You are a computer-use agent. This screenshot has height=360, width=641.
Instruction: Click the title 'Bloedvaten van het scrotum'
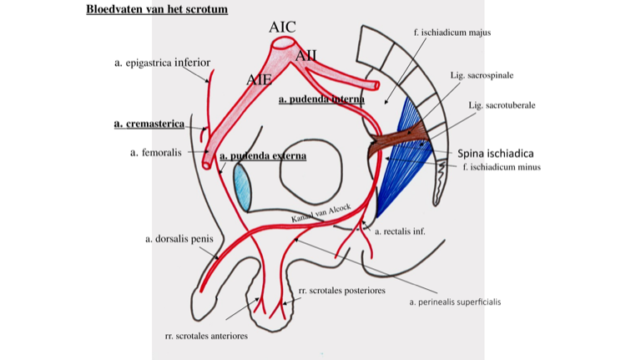coord(157,9)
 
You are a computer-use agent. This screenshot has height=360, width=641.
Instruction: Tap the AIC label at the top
coord(282,28)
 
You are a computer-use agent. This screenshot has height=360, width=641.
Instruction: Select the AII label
coord(305,56)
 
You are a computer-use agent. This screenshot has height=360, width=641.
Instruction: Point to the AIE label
coord(259,79)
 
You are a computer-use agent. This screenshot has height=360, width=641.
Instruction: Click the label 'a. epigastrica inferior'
coord(162,63)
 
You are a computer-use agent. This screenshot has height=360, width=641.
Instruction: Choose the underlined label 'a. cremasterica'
coord(149,124)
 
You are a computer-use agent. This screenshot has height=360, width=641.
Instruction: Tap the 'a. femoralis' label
coord(155,153)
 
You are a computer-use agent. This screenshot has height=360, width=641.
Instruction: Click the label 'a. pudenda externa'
coord(263,155)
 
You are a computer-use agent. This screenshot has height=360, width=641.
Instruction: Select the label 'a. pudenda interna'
coord(321,99)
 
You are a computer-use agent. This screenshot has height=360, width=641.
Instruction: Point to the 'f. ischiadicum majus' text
coord(452,33)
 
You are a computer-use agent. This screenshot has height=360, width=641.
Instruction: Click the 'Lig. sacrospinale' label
coord(482,75)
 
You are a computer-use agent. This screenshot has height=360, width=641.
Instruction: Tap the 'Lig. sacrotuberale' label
coord(502,105)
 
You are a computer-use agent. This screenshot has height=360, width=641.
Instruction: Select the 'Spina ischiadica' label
coord(495,154)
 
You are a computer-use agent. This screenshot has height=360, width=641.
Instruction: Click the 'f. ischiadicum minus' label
coord(501,167)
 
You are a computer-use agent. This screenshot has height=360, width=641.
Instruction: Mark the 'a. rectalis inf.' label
coord(400,231)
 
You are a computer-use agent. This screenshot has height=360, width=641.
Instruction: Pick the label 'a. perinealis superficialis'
coord(455,302)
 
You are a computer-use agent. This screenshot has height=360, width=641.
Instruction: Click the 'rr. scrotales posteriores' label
coord(341,290)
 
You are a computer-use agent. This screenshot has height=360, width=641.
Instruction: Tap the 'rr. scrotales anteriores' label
coord(206,336)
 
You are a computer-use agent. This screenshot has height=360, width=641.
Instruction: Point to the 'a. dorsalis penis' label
coord(179,239)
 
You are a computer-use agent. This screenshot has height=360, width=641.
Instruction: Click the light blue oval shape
coord(242,186)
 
